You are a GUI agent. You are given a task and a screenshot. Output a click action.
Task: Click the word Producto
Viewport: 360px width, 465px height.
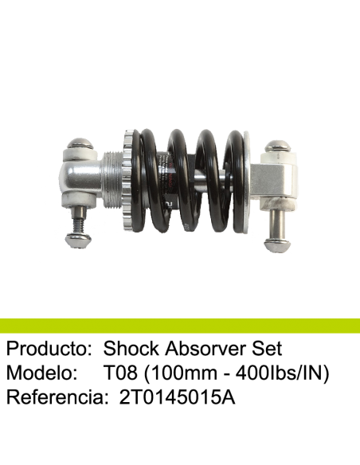tap(49, 349)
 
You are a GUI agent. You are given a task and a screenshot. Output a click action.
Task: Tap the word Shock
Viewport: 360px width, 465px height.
tap(131, 348)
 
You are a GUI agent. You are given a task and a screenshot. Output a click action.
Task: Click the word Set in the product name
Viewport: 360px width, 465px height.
tap(267, 349)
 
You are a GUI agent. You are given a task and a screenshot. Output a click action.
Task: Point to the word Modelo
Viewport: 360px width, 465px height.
tap(41, 373)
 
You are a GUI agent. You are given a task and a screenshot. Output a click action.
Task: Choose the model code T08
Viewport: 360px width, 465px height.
tap(120, 373)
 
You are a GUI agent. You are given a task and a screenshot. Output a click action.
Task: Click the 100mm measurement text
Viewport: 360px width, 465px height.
tap(180, 373)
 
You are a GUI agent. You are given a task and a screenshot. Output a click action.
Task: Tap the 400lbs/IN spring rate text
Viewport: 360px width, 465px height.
tap(282, 373)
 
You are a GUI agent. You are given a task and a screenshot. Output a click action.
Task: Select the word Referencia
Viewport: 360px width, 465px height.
tap(57, 397)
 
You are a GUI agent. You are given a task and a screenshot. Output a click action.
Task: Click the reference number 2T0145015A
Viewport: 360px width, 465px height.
tap(177, 397)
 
